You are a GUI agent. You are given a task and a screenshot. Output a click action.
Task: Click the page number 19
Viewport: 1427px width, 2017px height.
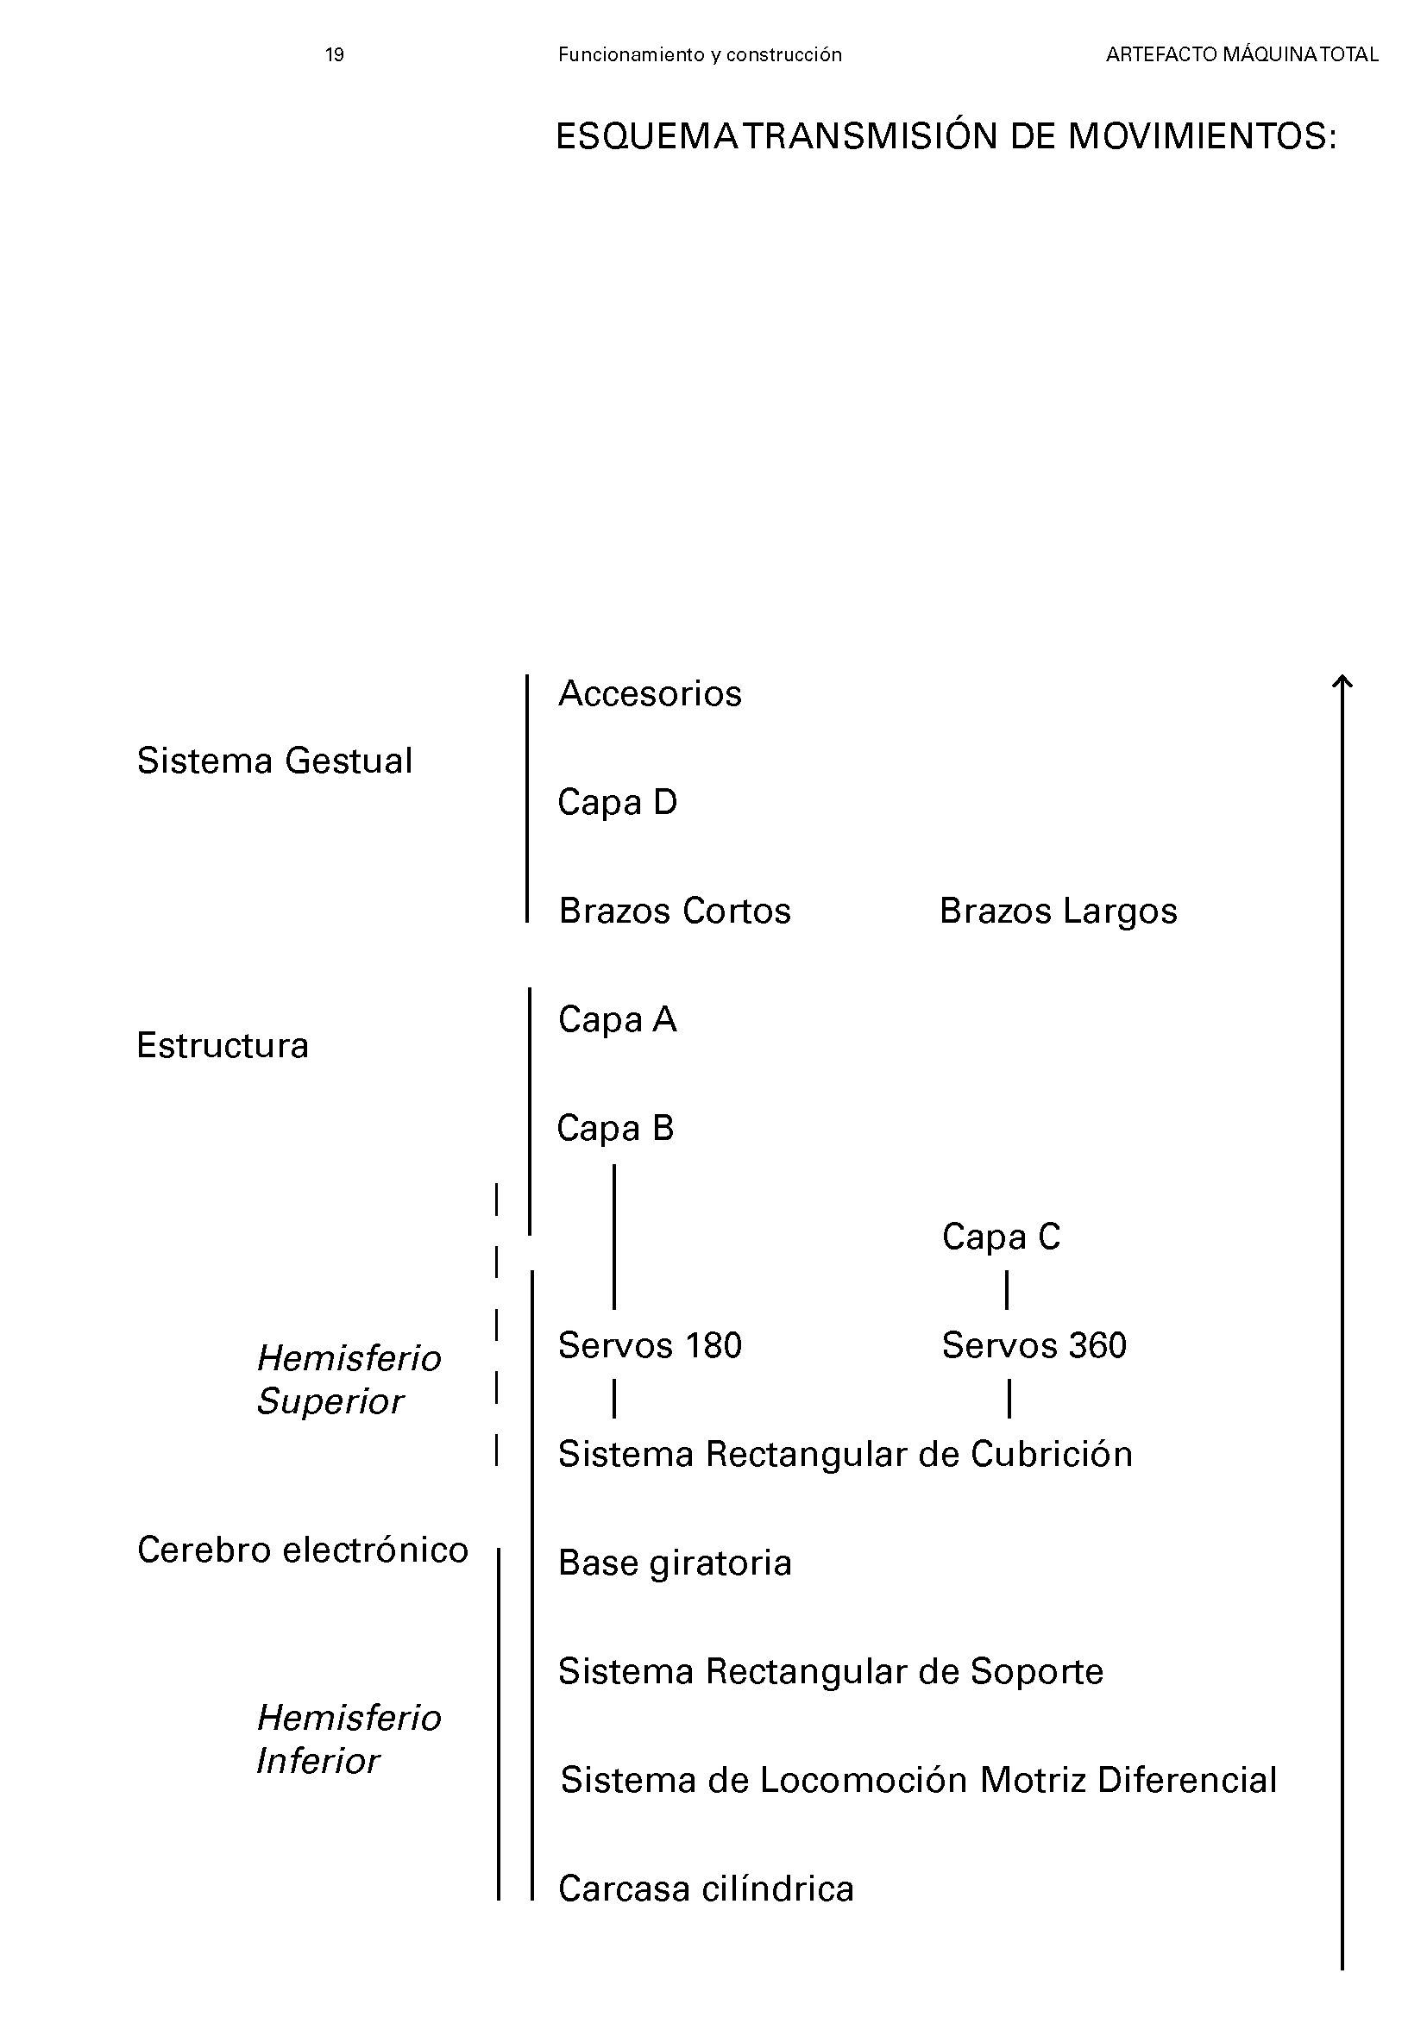(x=334, y=55)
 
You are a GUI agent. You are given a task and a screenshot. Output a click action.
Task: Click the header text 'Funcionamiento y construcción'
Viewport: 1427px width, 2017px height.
(x=700, y=55)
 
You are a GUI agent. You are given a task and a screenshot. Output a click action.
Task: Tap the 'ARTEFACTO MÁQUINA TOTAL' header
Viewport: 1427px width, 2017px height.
(x=1242, y=55)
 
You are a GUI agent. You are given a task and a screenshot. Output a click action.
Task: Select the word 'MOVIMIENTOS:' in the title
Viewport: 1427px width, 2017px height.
(x=1202, y=137)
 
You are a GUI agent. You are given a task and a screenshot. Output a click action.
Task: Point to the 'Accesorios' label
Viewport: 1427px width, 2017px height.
(x=650, y=694)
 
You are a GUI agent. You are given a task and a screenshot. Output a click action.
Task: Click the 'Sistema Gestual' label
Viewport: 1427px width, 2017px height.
(x=274, y=761)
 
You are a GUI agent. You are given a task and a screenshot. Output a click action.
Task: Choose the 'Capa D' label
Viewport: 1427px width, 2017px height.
(x=617, y=802)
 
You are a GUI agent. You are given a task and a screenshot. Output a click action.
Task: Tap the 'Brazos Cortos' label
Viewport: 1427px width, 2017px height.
(x=674, y=911)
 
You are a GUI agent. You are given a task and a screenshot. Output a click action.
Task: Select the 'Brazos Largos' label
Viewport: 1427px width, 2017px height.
(x=1058, y=911)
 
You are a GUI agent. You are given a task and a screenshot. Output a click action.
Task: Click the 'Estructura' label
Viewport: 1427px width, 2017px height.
(x=223, y=1045)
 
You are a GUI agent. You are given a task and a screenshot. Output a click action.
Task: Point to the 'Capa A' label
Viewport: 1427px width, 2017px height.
(x=617, y=1020)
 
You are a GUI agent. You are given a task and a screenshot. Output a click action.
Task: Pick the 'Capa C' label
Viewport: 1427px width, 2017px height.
(x=1001, y=1237)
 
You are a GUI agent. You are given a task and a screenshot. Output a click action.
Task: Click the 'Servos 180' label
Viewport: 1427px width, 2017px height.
(x=650, y=1345)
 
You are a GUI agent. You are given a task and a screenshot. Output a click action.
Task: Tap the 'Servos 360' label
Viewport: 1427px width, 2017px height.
(x=1034, y=1345)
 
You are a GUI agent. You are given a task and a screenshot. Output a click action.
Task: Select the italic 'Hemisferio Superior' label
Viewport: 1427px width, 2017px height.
(x=348, y=1379)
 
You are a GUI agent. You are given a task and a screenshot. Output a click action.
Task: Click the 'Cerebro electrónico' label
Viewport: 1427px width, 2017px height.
(x=302, y=1550)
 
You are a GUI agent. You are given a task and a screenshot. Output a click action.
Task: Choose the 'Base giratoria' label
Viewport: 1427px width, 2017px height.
(x=674, y=1563)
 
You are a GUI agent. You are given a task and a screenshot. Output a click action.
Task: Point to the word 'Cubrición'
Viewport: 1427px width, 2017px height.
(x=1051, y=1454)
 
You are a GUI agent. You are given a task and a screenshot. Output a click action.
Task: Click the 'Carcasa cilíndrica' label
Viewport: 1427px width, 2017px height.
(x=706, y=1889)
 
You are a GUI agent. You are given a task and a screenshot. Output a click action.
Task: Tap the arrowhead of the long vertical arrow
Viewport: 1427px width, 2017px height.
(x=1342, y=681)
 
